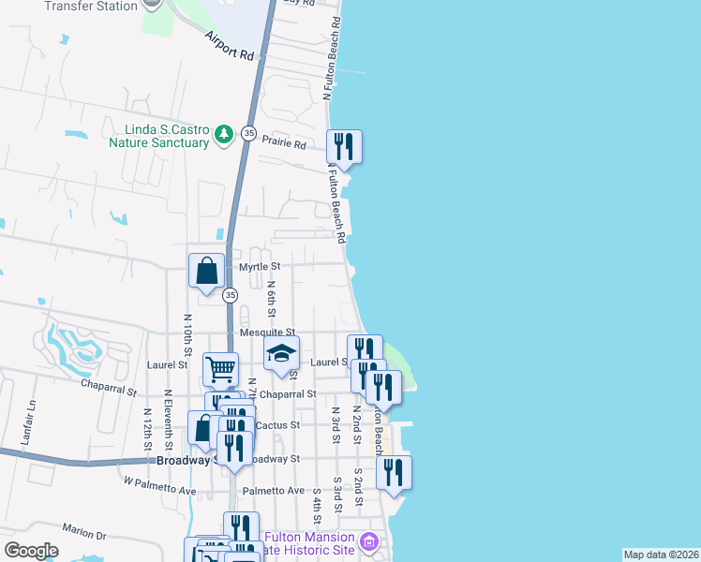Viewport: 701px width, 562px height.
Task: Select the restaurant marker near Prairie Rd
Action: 344,147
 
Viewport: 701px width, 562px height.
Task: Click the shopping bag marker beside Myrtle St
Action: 206,272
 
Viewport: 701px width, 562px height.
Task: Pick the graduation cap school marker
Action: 279,354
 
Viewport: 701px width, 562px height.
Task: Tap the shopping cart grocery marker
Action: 220,370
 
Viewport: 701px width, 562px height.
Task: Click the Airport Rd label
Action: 231,46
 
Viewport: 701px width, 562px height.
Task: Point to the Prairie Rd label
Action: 284,145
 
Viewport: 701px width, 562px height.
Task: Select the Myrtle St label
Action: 260,267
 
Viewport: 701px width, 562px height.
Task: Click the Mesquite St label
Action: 268,333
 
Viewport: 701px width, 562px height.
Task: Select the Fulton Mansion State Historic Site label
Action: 309,543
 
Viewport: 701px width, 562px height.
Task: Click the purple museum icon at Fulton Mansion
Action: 370,541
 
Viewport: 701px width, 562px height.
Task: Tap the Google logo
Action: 31,551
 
